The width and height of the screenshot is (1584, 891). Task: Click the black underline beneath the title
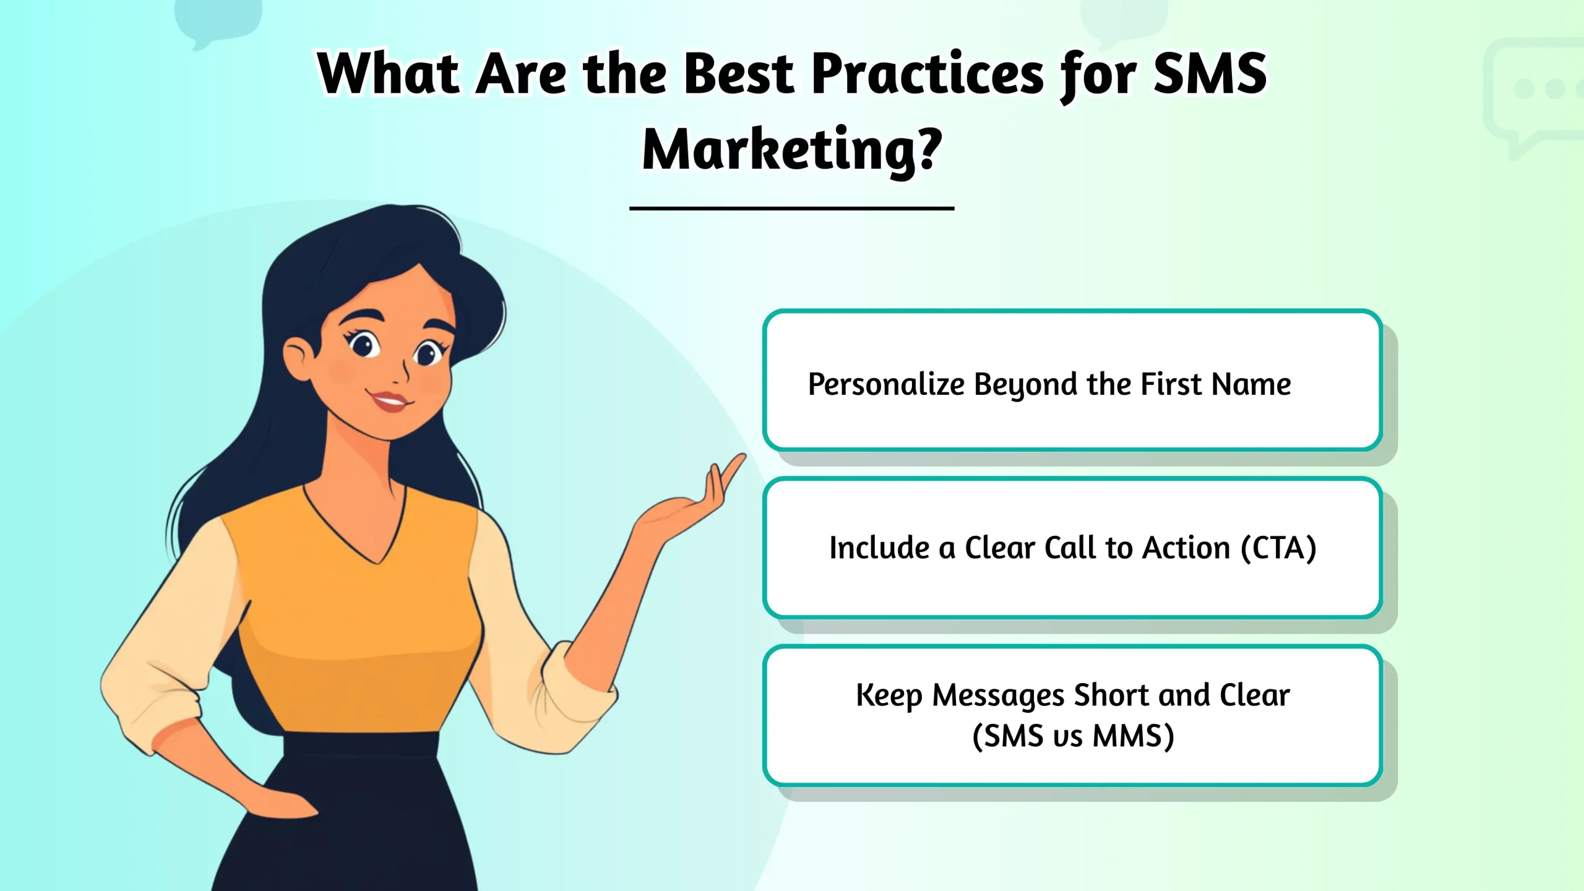(x=791, y=209)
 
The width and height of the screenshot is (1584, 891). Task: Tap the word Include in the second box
(x=879, y=548)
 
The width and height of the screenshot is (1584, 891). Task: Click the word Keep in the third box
(x=889, y=695)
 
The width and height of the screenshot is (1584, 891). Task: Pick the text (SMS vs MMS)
(x=1073, y=736)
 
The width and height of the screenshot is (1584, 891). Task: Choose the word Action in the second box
(x=1186, y=548)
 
